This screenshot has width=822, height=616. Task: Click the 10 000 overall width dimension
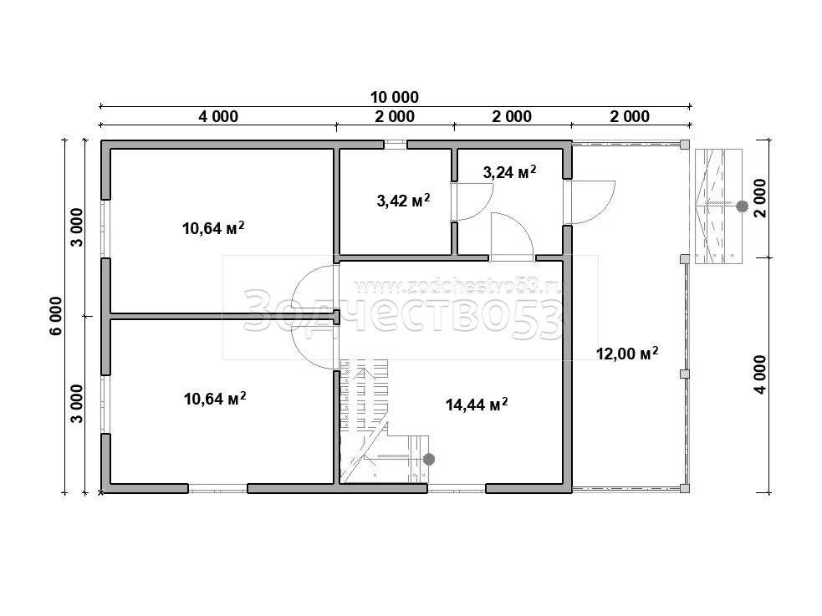click(x=394, y=98)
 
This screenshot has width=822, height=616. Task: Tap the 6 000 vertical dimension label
click(x=56, y=316)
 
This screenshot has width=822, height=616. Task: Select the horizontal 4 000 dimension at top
click(x=218, y=116)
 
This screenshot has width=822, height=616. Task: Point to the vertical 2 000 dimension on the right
click(x=760, y=198)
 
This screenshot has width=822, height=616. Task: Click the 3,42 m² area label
click(x=404, y=200)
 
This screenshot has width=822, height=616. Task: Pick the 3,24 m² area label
click(x=509, y=171)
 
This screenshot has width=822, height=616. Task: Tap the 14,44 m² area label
click(x=477, y=405)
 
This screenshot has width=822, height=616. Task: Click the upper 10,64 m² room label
click(x=213, y=228)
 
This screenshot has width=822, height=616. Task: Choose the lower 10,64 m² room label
click(x=215, y=399)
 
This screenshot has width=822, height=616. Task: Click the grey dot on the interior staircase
click(x=429, y=460)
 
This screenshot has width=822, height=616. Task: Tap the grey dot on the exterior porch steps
click(x=742, y=206)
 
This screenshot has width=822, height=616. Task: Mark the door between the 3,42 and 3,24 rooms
click(x=472, y=201)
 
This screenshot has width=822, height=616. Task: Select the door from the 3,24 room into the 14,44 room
click(x=512, y=237)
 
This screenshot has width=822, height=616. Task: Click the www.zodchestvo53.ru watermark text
click(x=459, y=287)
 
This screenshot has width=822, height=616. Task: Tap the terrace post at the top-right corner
click(x=685, y=144)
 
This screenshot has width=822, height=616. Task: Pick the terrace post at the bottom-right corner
click(x=685, y=488)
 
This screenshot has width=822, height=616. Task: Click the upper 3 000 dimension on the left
click(x=77, y=228)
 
